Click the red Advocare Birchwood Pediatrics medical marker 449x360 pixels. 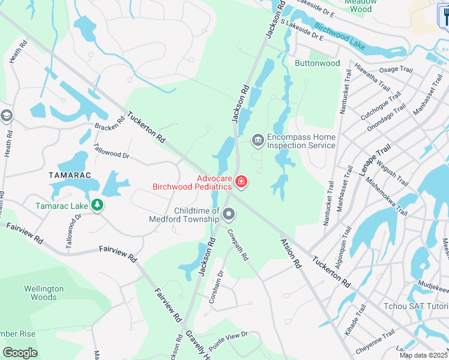[x=241, y=181]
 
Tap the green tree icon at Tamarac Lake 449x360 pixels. [x=97, y=205]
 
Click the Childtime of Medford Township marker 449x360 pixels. [x=229, y=214]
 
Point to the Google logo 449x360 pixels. [x=20, y=353]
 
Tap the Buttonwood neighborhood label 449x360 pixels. [x=317, y=63]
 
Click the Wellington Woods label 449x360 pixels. [x=44, y=293]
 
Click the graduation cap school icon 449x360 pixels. [x=7, y=116]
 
